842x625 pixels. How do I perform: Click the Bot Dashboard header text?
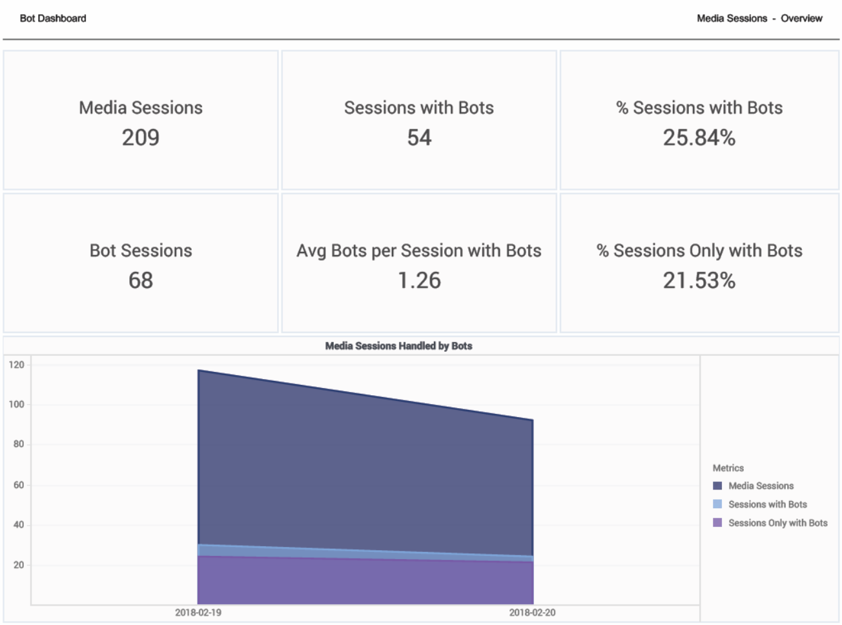[x=53, y=18]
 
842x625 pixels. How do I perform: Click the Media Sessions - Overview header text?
[x=759, y=18]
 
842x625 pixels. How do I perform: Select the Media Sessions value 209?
[x=141, y=138]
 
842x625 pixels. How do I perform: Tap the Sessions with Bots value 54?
[x=419, y=138]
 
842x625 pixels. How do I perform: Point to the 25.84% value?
[x=699, y=138]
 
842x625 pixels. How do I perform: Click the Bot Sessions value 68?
[x=141, y=280]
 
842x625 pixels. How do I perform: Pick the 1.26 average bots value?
[x=419, y=280]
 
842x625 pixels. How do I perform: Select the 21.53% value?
[x=699, y=280]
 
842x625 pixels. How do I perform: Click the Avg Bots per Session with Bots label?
[x=419, y=251]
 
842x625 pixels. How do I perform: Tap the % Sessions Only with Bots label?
[x=699, y=251]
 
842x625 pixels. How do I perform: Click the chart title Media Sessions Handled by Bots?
[x=398, y=346]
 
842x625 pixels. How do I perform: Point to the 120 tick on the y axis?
[x=17, y=365]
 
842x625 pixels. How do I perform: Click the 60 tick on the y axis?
[x=19, y=485]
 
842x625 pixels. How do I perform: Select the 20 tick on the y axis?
[x=19, y=565]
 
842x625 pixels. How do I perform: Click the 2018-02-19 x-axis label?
[x=198, y=612]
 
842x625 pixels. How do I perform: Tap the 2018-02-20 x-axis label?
[x=532, y=612]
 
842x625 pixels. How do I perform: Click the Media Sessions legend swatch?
[x=717, y=486]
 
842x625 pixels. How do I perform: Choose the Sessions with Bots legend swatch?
[x=717, y=504]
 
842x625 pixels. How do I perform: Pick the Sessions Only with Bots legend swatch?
[x=717, y=523]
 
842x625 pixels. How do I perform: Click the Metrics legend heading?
[x=728, y=468]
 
